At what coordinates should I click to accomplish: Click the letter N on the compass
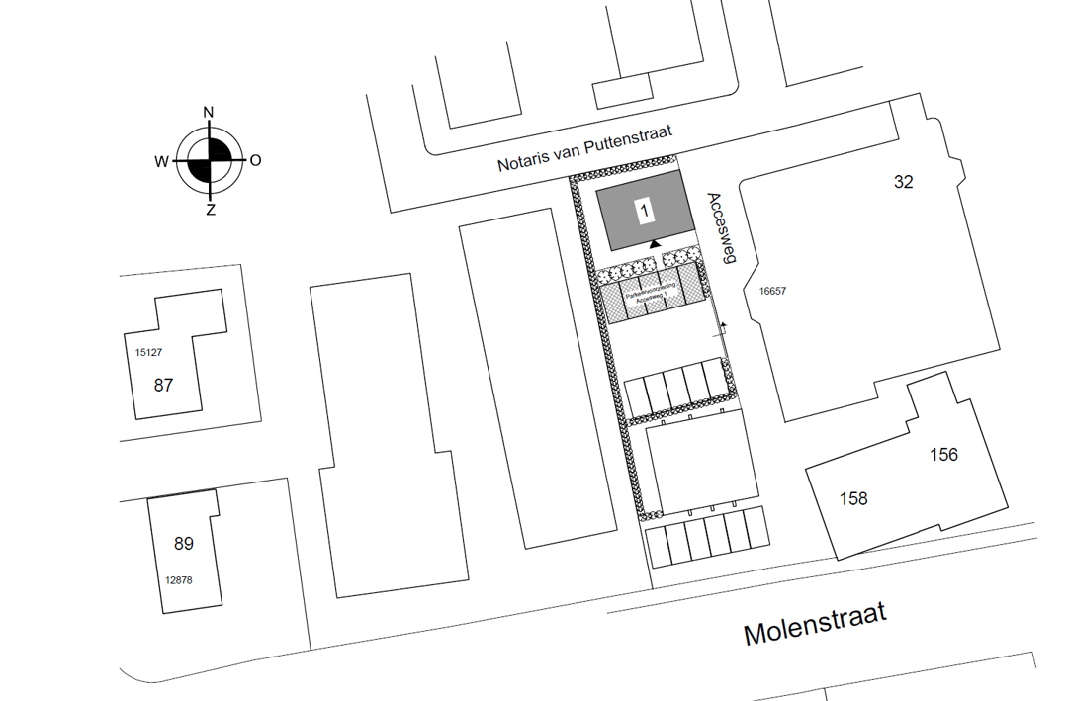point(209,112)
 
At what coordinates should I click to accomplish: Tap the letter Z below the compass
point(210,210)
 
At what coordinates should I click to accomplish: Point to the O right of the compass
point(255,160)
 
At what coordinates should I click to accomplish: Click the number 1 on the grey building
point(645,210)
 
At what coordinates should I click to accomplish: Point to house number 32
point(903,182)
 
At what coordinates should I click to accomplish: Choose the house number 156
point(944,455)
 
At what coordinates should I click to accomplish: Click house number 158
point(853,498)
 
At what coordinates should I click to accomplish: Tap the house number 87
point(163,386)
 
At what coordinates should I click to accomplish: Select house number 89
point(184,544)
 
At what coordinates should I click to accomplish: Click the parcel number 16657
point(772,292)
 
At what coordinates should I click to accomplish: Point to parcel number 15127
point(147,351)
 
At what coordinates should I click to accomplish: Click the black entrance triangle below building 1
point(654,243)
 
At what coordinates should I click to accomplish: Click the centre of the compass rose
point(209,160)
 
